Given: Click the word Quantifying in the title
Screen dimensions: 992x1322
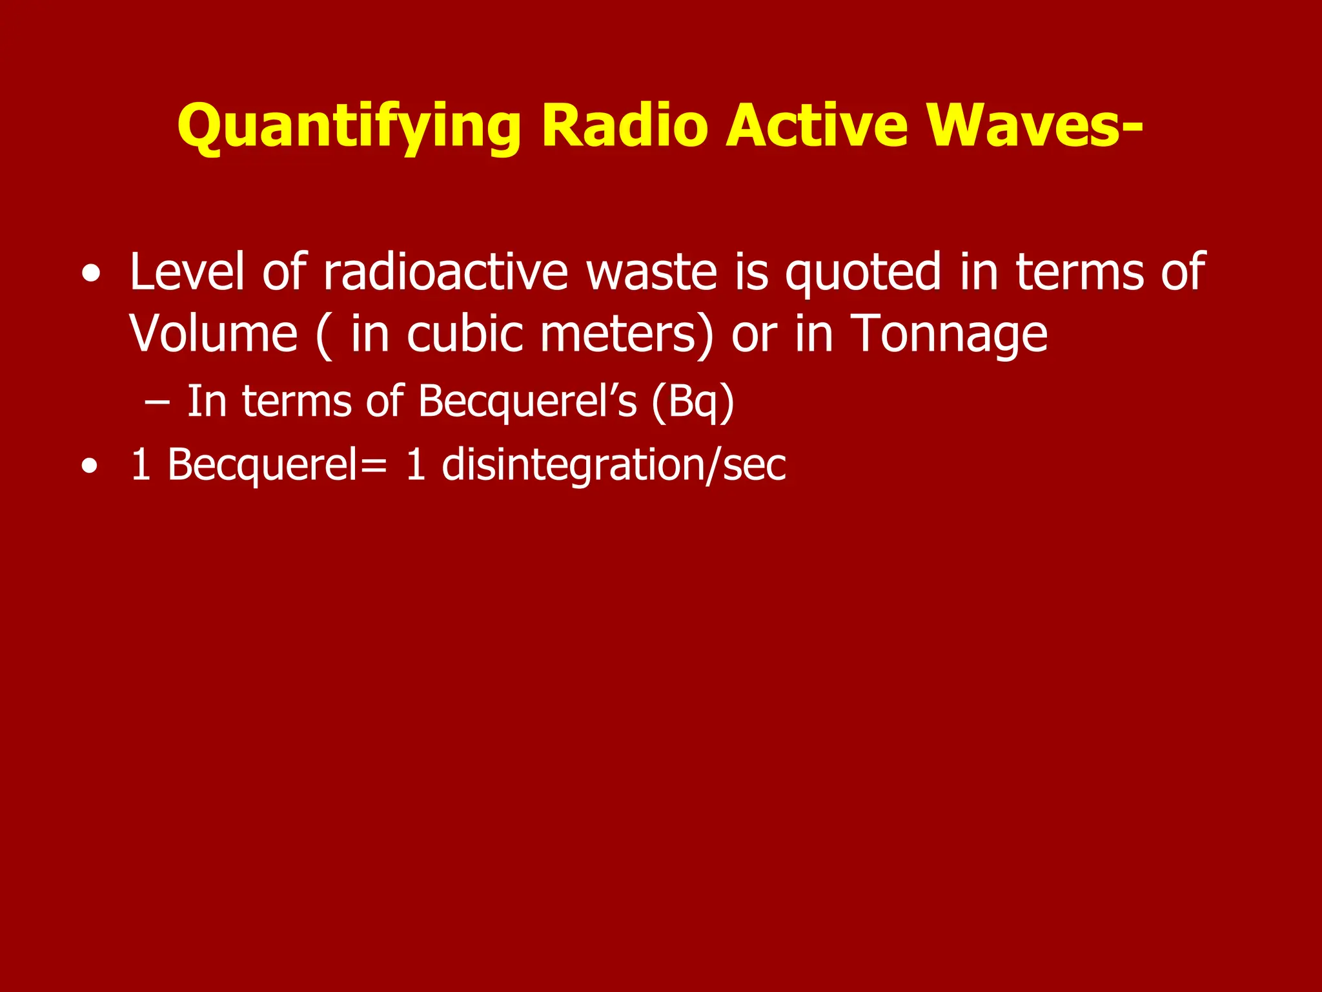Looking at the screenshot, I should point(349,127).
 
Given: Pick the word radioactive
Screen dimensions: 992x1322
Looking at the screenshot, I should point(445,271).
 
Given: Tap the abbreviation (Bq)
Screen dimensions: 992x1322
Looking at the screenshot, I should point(693,402).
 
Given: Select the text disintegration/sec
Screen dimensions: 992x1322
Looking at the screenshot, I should point(614,465).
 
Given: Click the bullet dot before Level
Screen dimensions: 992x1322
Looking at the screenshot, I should point(91,274).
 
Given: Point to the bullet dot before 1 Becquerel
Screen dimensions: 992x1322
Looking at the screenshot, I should point(91,466).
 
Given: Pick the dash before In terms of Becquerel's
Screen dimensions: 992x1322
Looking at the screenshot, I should point(158,403).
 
